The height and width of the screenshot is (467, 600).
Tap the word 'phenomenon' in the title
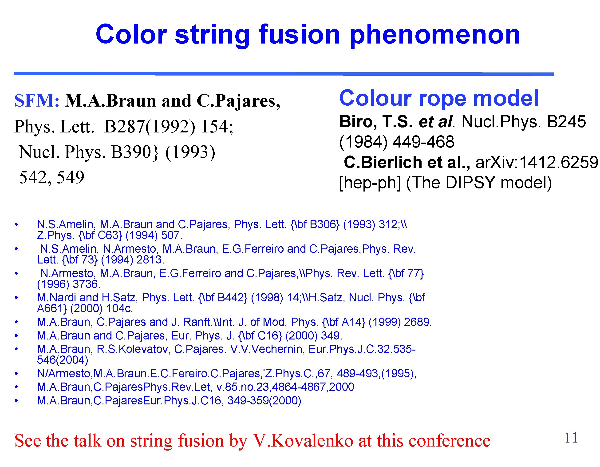[435, 35]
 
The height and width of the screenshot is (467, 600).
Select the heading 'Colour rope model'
[439, 98]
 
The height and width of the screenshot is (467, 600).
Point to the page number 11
[571, 438]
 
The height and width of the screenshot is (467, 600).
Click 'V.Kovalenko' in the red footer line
[303, 441]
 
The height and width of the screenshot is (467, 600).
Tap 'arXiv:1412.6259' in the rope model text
[536, 162]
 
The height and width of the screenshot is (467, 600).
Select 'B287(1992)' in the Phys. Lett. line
[150, 127]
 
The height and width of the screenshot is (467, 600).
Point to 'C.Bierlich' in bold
[383, 162]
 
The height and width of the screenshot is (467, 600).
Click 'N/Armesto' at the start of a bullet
[63, 374]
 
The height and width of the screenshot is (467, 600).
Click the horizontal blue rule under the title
[283, 74]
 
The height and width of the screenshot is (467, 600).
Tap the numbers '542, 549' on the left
[52, 177]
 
